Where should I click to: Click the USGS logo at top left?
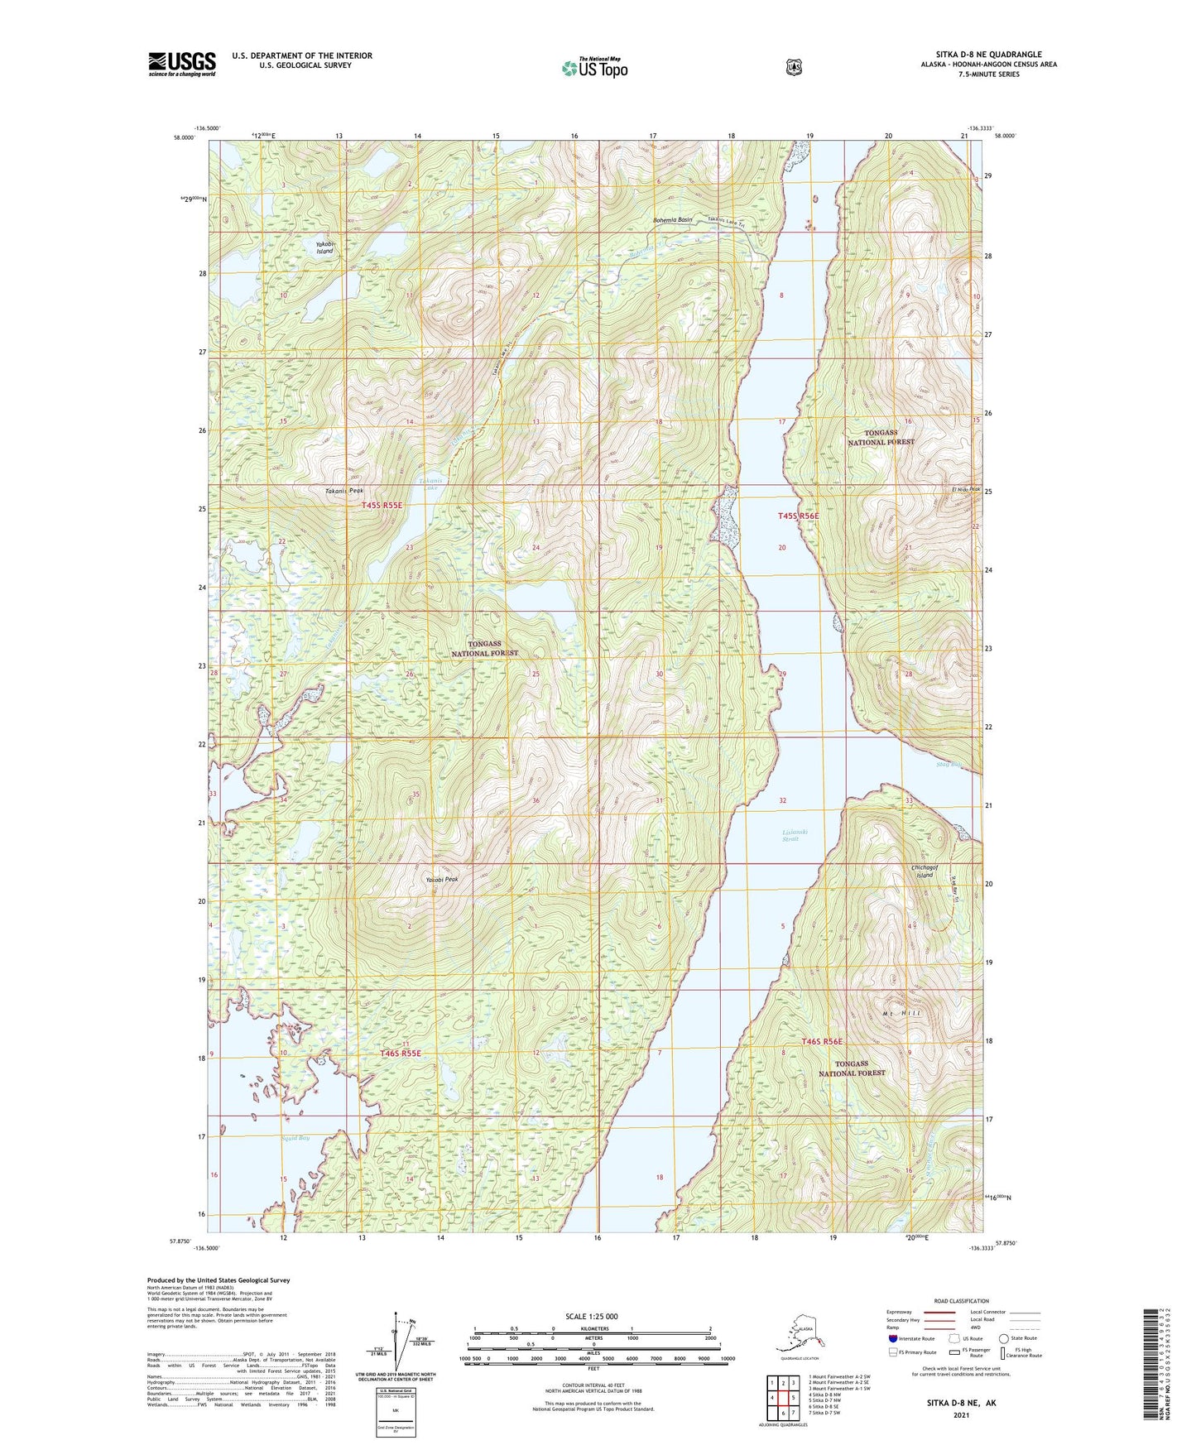coord(182,64)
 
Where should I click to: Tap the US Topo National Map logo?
coord(593,67)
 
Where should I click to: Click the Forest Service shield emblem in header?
coord(793,67)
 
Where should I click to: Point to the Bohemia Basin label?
coord(672,220)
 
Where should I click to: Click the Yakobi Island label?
coord(324,247)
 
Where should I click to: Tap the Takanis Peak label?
coord(343,491)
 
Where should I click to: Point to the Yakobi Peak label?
coord(441,880)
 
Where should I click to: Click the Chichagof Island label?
coord(922,871)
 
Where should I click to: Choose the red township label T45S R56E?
coord(798,516)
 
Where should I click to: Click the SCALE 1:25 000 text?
coord(591,1316)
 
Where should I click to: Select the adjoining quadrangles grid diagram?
coord(782,1399)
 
